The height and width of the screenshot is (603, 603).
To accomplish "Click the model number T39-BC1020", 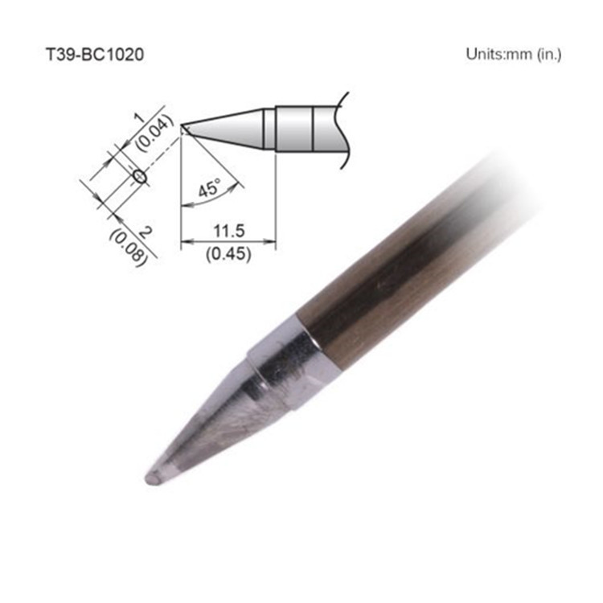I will (x=95, y=55).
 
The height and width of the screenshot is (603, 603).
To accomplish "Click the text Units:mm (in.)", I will (x=513, y=55).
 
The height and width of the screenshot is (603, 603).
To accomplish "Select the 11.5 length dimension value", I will (x=229, y=231).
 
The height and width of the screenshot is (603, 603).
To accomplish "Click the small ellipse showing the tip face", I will (x=138, y=176).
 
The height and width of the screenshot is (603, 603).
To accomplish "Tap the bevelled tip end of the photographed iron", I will (x=153, y=478).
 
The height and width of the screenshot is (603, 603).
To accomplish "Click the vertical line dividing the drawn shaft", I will (x=313, y=129).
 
